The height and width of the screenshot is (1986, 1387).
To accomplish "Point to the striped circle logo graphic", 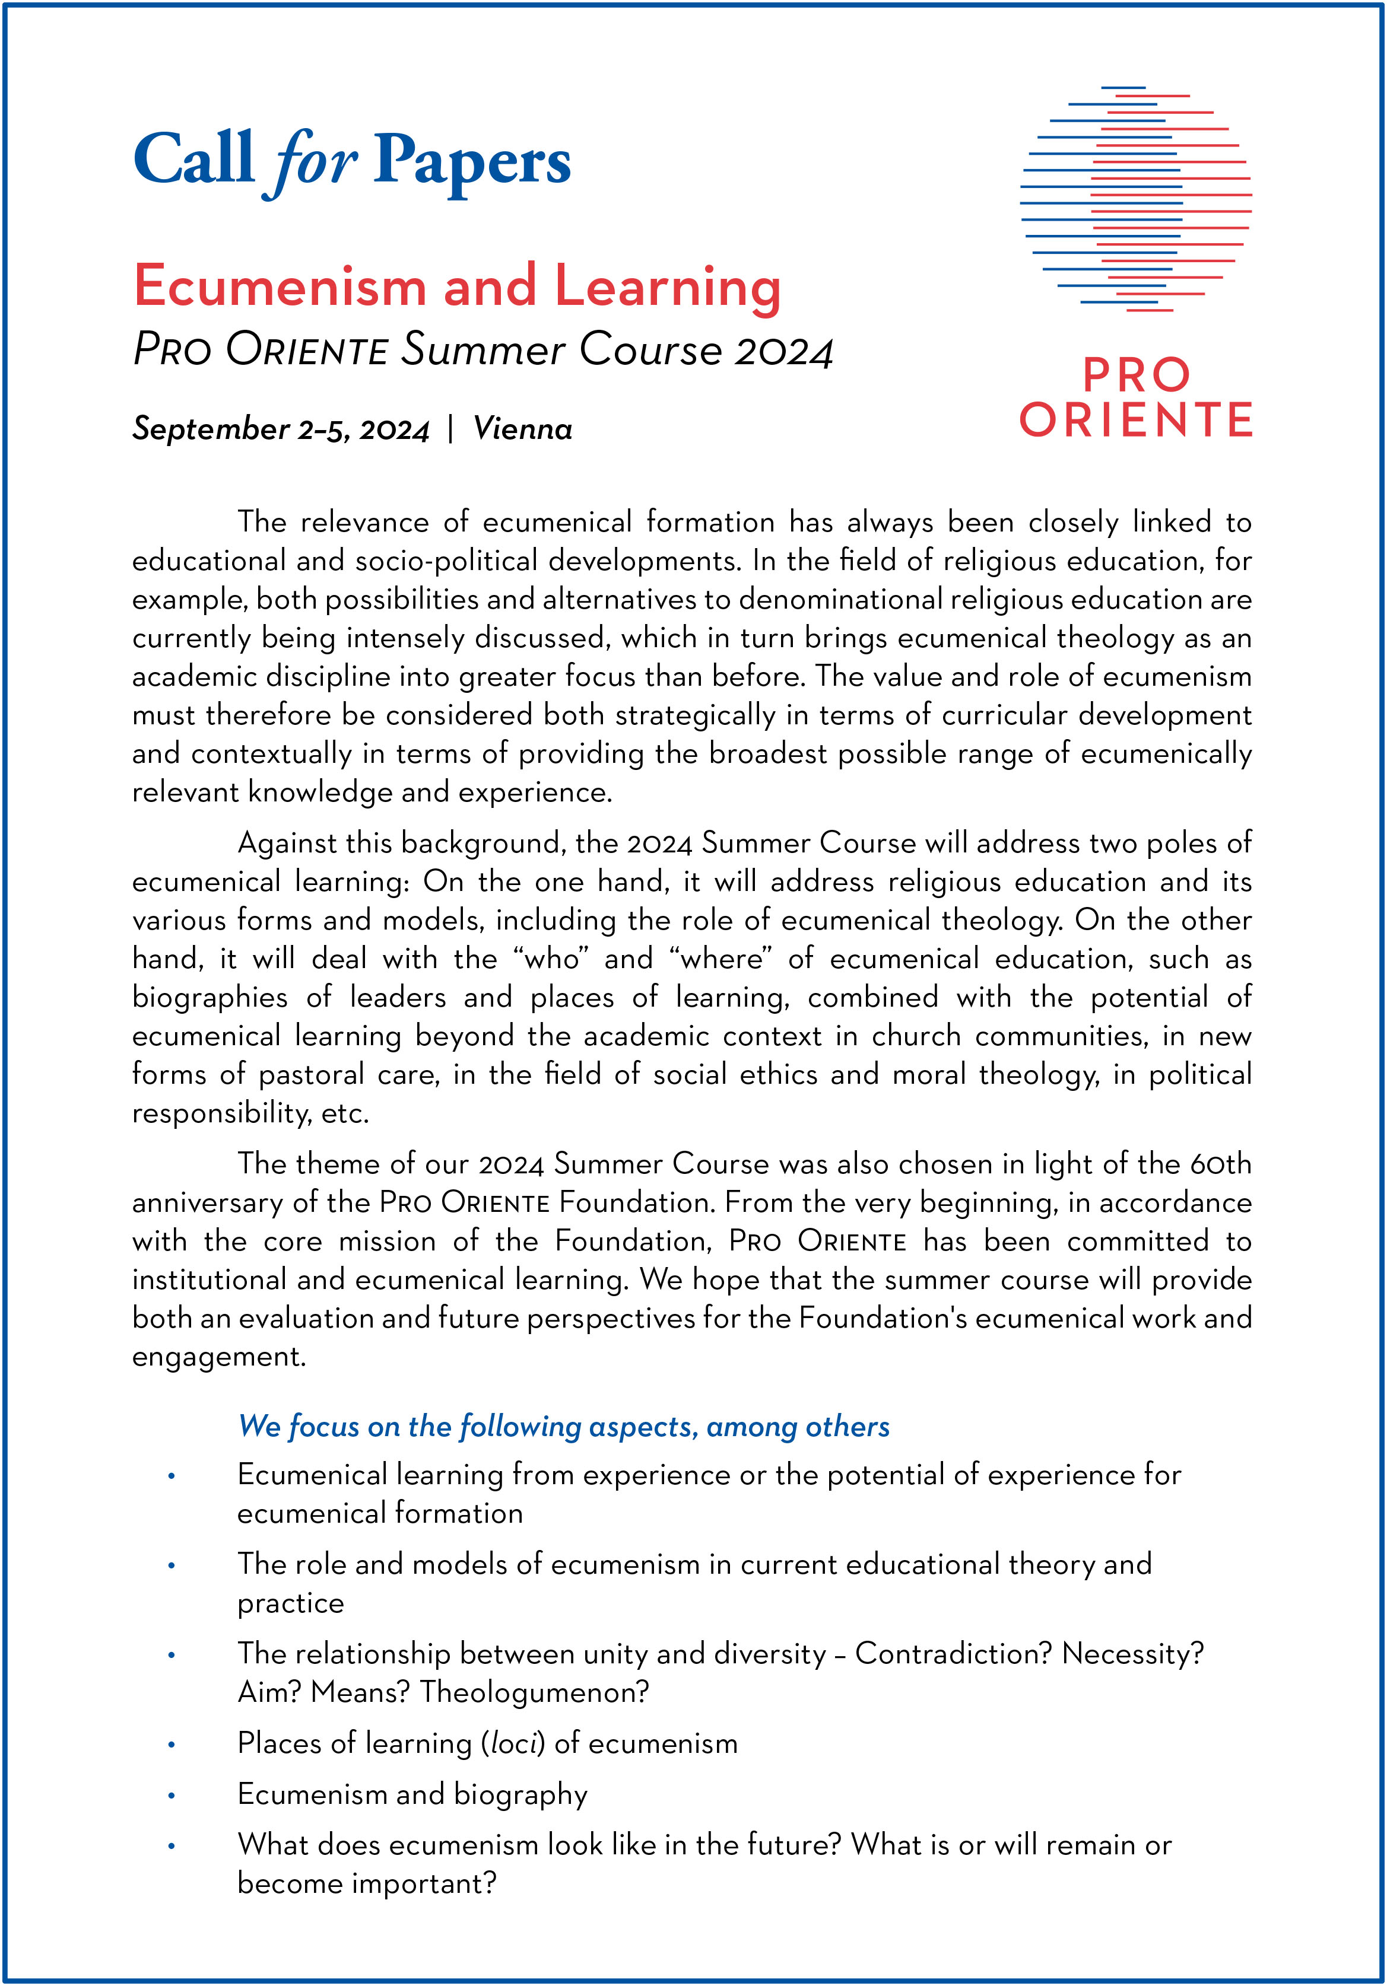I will (x=1136, y=199).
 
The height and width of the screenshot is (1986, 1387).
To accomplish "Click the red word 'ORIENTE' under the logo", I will (x=1136, y=421).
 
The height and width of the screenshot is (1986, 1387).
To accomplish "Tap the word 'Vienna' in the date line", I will (x=523, y=429).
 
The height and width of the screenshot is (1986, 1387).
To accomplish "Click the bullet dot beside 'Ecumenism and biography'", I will (x=172, y=1796).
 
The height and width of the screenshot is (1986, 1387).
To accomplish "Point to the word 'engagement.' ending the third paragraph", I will (x=219, y=1356).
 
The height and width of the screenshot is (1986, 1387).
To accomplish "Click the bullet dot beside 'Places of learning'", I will (x=172, y=1745).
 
